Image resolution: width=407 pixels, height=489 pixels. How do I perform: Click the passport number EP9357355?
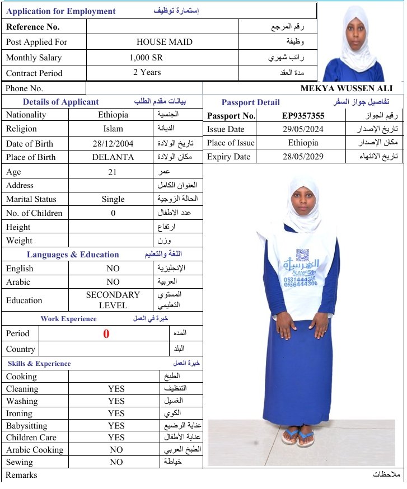tap(303, 116)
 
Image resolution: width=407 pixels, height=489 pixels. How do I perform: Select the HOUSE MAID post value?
tap(164, 42)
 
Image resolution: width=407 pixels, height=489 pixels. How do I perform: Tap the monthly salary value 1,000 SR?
tap(147, 58)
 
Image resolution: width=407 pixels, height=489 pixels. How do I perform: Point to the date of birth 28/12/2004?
tap(113, 143)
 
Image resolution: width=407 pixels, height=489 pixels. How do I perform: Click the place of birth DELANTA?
tap(113, 157)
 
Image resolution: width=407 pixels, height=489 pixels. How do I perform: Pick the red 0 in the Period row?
tap(106, 334)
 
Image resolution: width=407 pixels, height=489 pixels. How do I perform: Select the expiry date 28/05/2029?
tap(303, 157)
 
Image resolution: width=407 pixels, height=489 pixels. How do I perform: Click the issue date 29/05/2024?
tap(303, 129)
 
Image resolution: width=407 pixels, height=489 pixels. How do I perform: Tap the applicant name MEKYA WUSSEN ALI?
tap(346, 88)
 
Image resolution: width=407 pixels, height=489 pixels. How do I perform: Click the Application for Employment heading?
tap(61, 11)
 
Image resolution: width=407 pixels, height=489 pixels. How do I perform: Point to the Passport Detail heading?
tap(250, 102)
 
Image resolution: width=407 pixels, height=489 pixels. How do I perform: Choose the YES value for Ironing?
tap(116, 413)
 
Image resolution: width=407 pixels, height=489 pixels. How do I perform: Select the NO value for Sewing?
tap(116, 462)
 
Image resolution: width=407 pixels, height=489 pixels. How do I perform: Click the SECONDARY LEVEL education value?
tap(113, 300)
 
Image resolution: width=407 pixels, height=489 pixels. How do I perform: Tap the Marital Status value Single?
tap(113, 199)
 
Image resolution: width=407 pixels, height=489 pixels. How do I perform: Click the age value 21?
tap(113, 172)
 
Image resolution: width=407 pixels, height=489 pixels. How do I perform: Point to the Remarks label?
tap(21, 475)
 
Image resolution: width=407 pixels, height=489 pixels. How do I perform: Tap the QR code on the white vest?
tap(303, 255)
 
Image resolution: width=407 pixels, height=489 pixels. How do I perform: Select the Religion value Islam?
tap(113, 129)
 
